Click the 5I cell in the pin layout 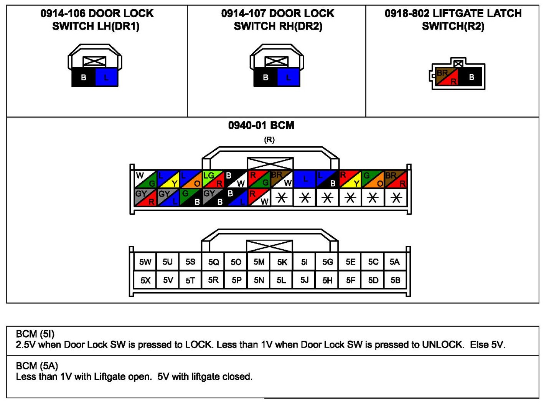[x=304, y=262]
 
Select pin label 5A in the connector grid [x=395, y=262]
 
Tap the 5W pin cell [x=145, y=262]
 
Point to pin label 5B [x=396, y=280]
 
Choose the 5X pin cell [x=145, y=280]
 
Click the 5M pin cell [x=259, y=262]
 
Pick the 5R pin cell [x=213, y=280]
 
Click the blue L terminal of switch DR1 [x=106, y=77]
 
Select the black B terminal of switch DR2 [x=265, y=77]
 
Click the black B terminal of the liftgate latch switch [x=471, y=77]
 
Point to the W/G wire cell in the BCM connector [x=145, y=179]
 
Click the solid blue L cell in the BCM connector [x=305, y=179]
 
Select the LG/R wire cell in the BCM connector [x=213, y=179]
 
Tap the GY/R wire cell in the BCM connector [x=145, y=197]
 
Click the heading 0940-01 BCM [x=261, y=126]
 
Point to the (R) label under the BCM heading [x=269, y=140]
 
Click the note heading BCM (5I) [x=35, y=334]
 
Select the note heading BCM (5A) [x=37, y=366]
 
